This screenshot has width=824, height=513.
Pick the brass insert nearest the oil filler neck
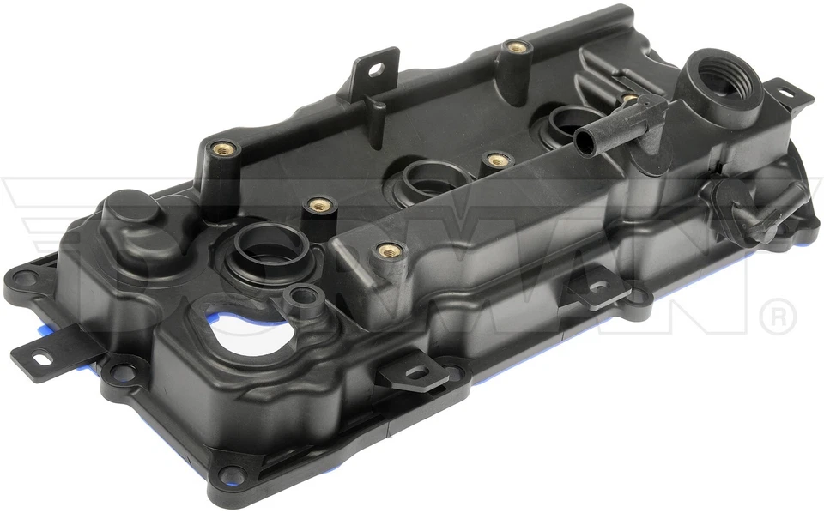(629, 100)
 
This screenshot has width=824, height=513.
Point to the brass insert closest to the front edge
(389, 251)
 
